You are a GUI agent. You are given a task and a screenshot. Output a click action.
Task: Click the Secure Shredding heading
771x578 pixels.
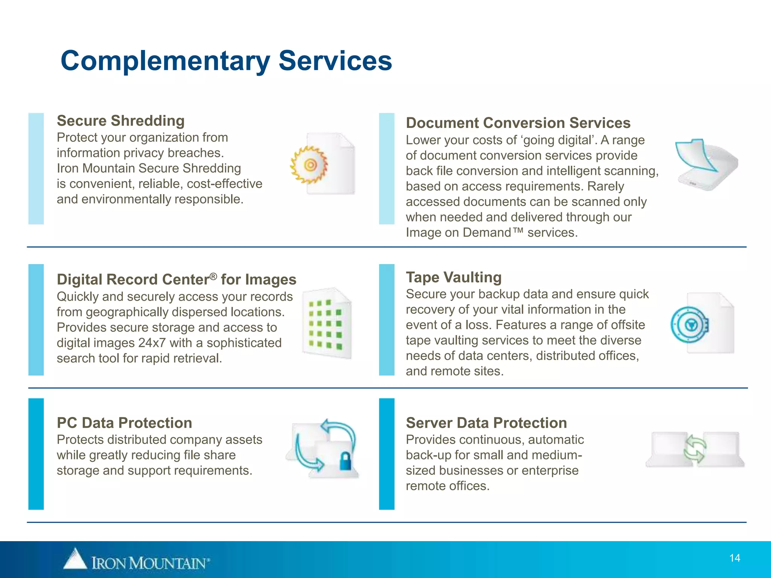pyautogui.click(x=120, y=121)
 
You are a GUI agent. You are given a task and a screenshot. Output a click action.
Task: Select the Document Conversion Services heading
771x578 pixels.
pyautogui.click(x=518, y=123)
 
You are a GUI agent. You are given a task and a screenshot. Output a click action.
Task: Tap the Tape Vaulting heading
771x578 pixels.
pyautogui.click(x=454, y=277)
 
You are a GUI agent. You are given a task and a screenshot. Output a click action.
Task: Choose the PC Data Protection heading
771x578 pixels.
pyautogui.click(x=124, y=423)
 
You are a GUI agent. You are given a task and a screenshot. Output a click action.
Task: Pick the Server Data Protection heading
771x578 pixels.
pyautogui.click(x=486, y=423)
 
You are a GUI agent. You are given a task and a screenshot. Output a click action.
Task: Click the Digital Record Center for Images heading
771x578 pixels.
pyautogui.click(x=176, y=280)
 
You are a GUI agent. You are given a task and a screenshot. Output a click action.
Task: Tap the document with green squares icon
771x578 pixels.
pyautogui.click(x=327, y=323)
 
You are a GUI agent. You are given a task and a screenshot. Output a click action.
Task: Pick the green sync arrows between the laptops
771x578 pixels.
pyautogui.click(x=695, y=449)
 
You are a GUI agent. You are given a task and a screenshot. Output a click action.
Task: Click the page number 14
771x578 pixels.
pyautogui.click(x=734, y=558)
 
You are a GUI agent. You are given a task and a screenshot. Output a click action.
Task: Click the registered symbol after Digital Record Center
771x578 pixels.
pyautogui.click(x=213, y=277)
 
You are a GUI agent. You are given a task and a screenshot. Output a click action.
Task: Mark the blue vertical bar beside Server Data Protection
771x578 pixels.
pyautogui.click(x=387, y=454)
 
